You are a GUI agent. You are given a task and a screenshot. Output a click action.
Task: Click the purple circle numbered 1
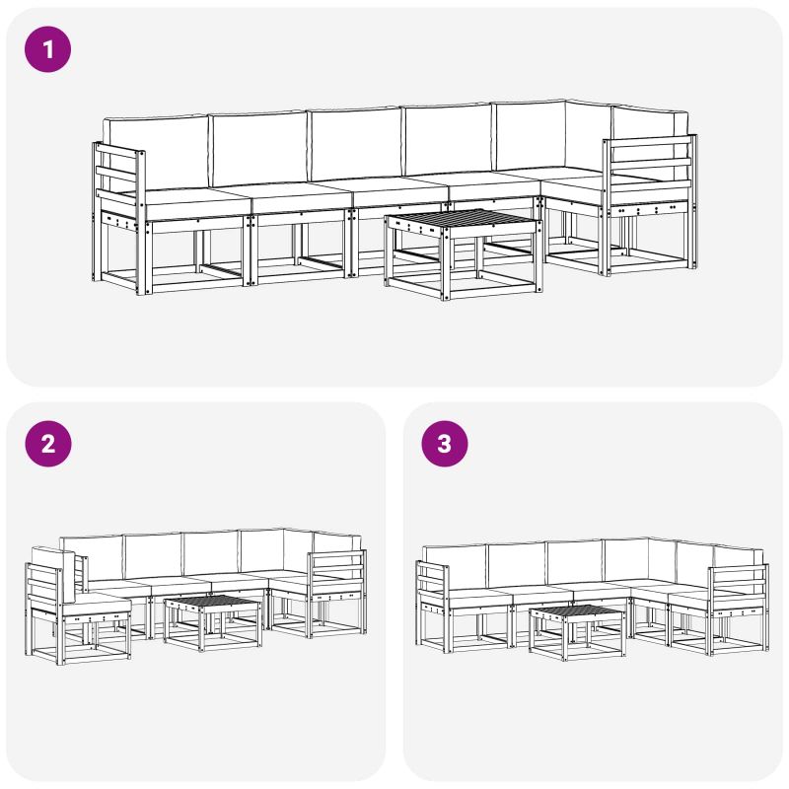coord(47,49)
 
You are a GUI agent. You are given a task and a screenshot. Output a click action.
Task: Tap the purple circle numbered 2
coord(47,444)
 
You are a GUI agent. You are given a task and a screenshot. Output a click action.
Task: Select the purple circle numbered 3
coord(445,444)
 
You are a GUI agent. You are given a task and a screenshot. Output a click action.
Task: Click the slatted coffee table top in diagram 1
coord(462,219)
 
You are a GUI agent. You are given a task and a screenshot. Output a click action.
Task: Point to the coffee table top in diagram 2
coord(212,602)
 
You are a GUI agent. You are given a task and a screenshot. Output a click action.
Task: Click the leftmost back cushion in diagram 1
coord(156,153)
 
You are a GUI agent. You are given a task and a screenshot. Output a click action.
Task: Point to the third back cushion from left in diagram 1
coord(356,144)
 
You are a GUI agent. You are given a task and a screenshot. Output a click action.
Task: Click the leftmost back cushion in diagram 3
coord(456,567)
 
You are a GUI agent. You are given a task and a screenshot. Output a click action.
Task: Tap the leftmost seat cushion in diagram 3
coord(478,599)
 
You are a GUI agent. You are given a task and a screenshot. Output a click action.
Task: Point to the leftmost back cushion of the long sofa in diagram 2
coord(92,557)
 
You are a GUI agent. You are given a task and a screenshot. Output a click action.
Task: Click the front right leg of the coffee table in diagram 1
coord(446,263)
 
